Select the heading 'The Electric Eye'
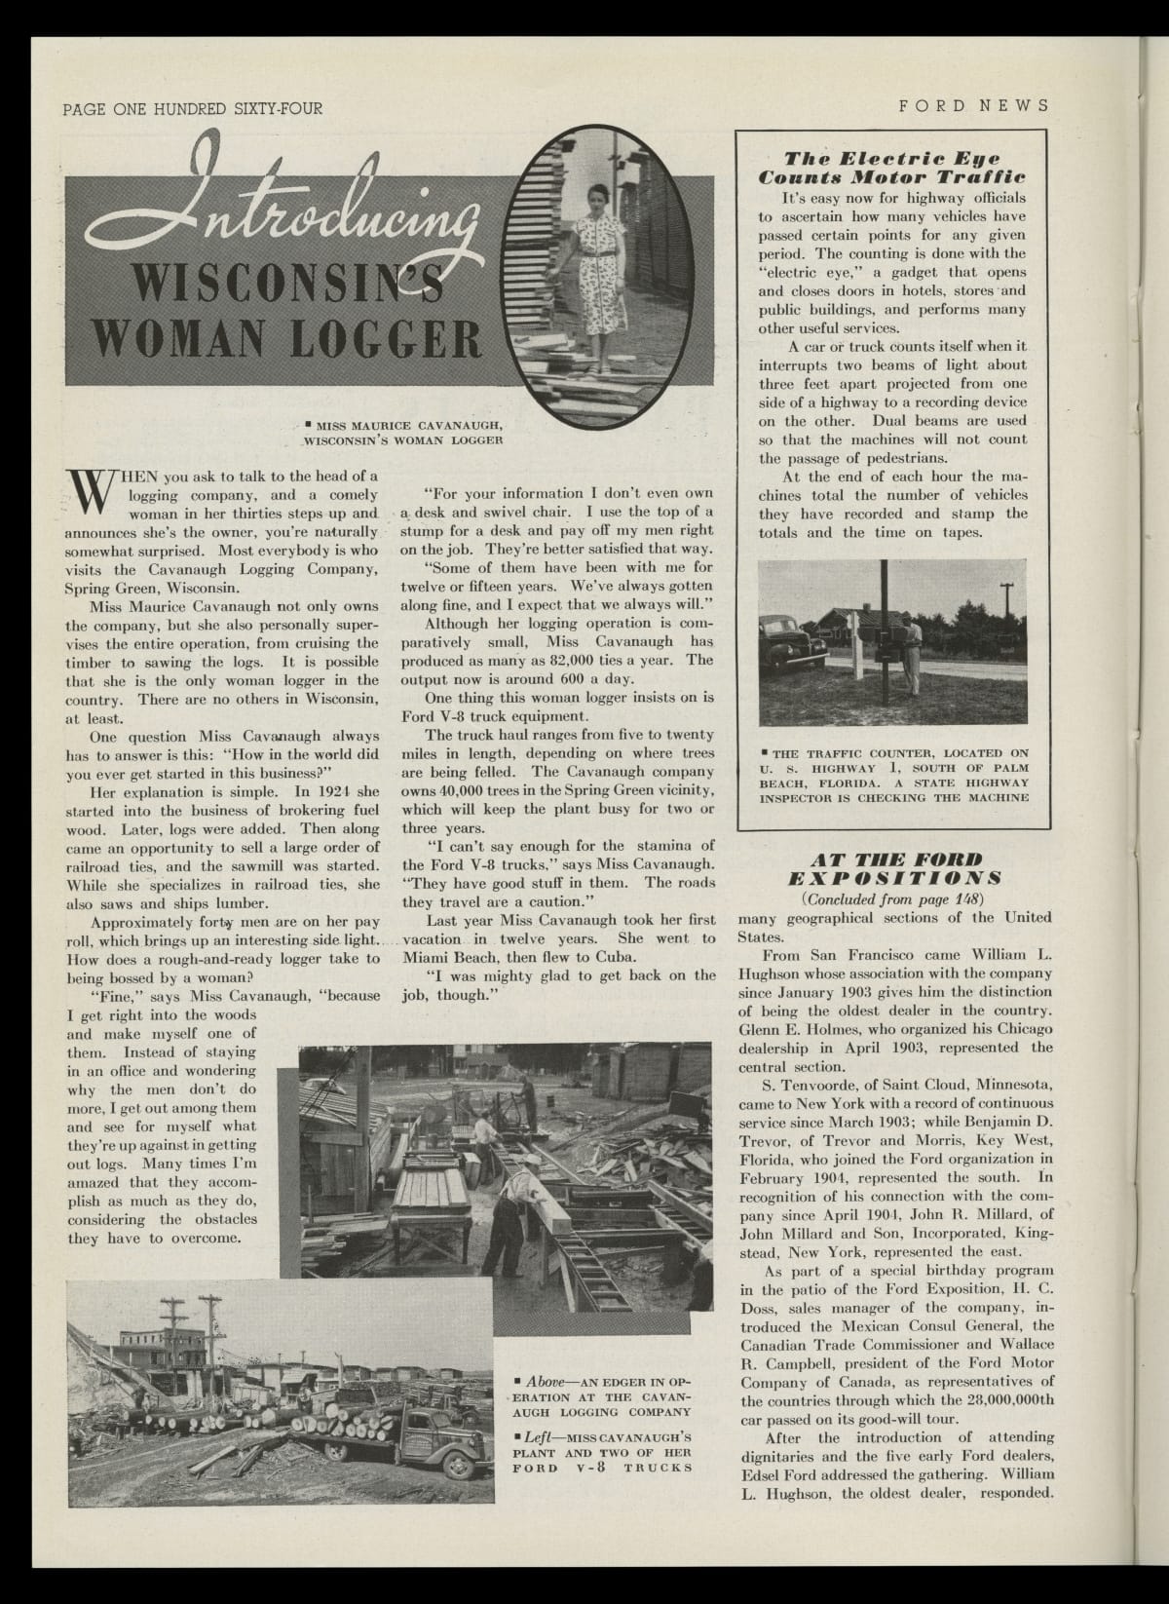tap(892, 158)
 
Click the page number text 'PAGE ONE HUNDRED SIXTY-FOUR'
tap(192, 108)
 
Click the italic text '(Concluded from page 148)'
tap(892, 897)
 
